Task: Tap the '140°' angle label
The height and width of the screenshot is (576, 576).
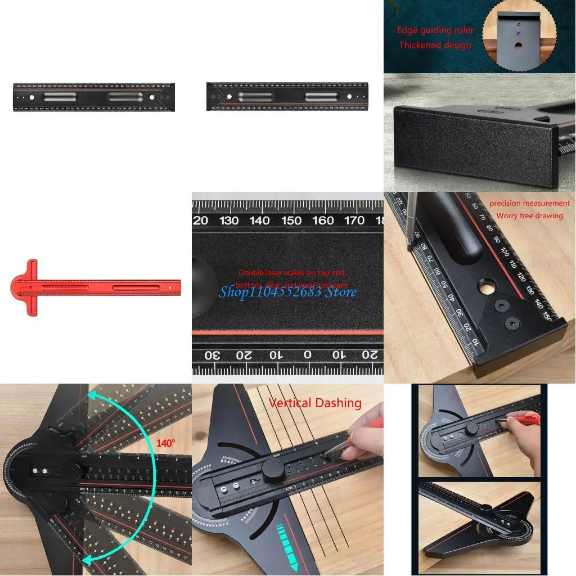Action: point(165,443)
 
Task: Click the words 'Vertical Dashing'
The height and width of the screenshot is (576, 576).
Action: point(315,403)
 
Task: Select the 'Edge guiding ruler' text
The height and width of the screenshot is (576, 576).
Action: point(435,30)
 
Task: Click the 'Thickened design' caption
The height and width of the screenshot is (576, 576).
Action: point(435,45)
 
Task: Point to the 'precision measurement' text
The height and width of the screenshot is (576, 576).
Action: point(529,203)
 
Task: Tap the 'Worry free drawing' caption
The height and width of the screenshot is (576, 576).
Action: point(529,215)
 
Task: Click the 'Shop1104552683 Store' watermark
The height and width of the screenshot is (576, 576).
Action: point(287,291)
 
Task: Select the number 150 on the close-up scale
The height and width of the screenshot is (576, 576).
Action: point(292,220)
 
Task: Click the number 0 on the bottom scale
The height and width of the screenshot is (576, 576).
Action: point(307,355)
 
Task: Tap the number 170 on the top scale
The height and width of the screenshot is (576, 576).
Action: point(354,220)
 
